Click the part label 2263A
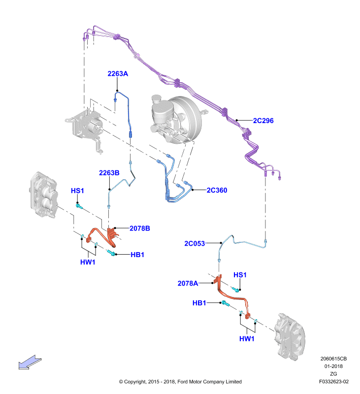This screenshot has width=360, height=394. click(x=118, y=73)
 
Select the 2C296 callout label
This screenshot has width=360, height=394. click(x=263, y=121)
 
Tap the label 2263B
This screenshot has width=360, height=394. click(x=109, y=173)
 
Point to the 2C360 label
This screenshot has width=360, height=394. click(x=217, y=190)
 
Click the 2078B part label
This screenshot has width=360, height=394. click(x=140, y=229)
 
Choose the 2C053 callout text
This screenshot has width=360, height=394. click(x=195, y=243)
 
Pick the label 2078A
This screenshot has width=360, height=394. click(x=188, y=284)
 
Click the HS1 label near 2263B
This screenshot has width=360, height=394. click(x=77, y=191)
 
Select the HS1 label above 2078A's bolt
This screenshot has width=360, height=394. click(x=240, y=275)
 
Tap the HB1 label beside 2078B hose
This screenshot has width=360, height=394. click(x=137, y=255)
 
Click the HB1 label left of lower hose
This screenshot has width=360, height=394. click(x=199, y=303)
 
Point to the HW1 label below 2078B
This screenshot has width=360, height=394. click(x=88, y=262)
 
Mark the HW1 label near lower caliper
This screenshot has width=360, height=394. click(x=247, y=339)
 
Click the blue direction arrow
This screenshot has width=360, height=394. click(x=30, y=362)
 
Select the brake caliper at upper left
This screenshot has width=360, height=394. click(x=44, y=195)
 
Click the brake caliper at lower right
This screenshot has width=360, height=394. click(x=290, y=337)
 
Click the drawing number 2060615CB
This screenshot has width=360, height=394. click(x=333, y=359)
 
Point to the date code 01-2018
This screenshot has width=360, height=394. click(x=333, y=366)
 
